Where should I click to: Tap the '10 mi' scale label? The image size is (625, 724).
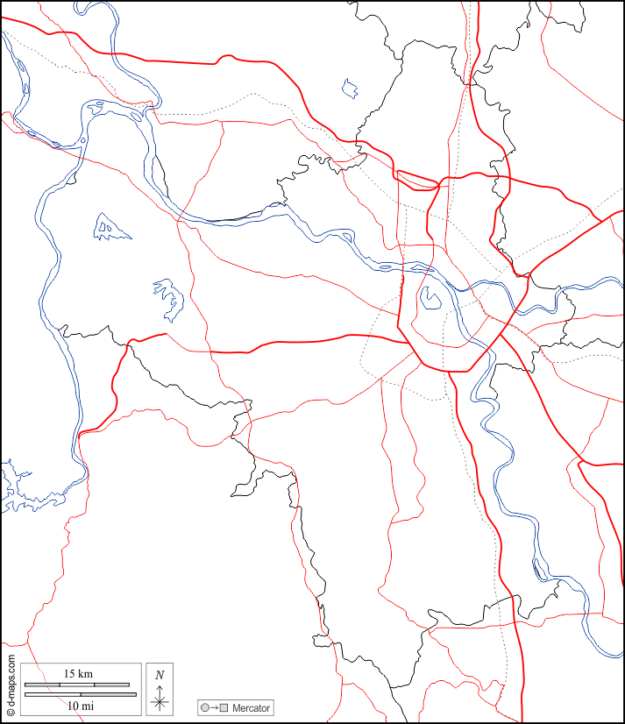(x=80, y=705)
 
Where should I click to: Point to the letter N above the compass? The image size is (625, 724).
(x=160, y=675)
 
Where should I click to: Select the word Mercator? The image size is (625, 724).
(x=252, y=707)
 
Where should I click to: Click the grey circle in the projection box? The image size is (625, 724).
(x=205, y=707)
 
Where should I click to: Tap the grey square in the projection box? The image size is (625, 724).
(x=224, y=707)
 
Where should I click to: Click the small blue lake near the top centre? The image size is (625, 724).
(x=351, y=88)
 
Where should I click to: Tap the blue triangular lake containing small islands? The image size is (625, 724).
(x=110, y=228)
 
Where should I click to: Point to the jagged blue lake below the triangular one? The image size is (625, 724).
(x=169, y=298)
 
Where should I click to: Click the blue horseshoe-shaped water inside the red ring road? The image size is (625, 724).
(x=430, y=299)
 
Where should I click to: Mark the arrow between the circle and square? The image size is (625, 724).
(x=215, y=707)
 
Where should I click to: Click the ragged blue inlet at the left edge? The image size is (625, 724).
(x=18, y=491)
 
